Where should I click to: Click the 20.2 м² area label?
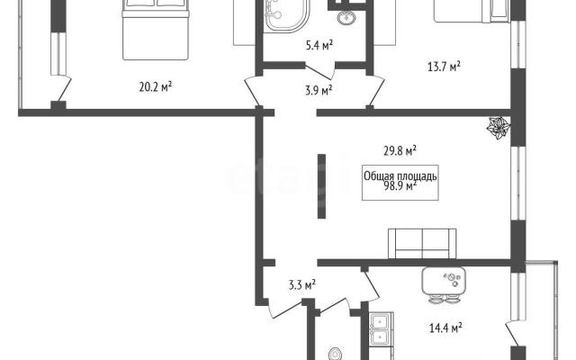[156, 87]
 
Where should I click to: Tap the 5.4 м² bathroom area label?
[319, 46]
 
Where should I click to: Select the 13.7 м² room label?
[445, 67]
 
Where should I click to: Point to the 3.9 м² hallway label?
[319, 90]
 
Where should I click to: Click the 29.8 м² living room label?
[400, 150]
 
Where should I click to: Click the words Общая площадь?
[400, 176]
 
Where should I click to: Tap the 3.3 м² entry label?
[302, 284]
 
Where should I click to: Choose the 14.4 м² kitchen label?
[445, 328]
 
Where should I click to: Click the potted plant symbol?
[499, 128]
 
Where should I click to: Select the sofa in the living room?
[422, 244]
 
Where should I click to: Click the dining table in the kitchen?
[444, 281]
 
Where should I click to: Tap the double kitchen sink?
[381, 328]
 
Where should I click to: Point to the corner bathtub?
[286, 14]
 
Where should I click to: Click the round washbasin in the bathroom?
[346, 17]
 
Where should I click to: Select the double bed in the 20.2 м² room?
[156, 30]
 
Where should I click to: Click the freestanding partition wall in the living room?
[321, 186]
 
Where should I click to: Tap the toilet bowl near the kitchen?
[336, 354]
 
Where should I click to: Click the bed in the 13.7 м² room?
[472, 11]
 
